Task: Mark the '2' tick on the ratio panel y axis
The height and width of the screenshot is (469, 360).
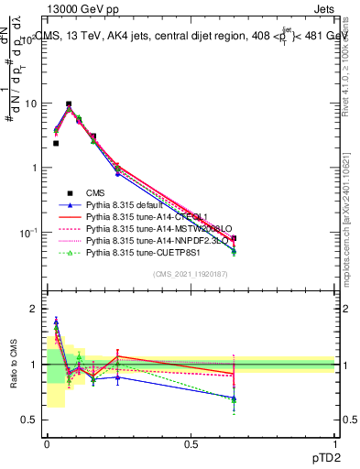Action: pyautogui.click(x=34, y=309)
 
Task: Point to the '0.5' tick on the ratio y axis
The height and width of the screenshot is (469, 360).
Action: pyautogui.click(x=29, y=420)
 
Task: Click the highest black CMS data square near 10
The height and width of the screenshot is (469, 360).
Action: pyautogui.click(x=69, y=104)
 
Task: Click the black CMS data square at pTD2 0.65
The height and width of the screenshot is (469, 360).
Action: pyautogui.click(x=234, y=238)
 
